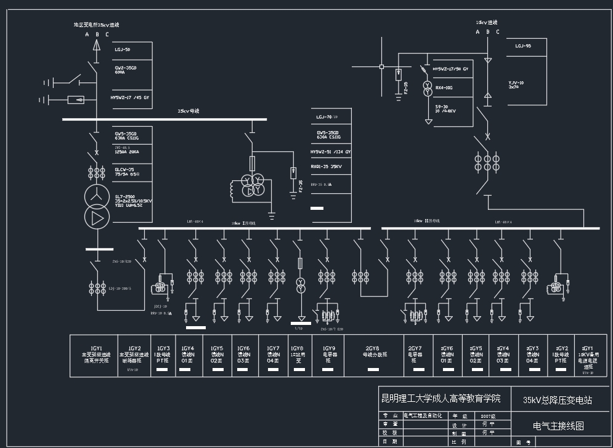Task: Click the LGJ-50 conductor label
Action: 122,49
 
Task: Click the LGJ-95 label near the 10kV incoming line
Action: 523,46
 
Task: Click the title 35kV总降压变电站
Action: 557,400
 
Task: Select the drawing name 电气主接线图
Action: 558,425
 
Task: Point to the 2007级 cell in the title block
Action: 487,416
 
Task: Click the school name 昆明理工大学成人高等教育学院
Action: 442,398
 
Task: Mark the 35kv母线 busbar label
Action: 188,111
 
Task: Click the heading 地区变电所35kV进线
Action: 96,25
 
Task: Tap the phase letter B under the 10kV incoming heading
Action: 488,32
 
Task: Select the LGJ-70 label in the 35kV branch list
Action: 327,116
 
